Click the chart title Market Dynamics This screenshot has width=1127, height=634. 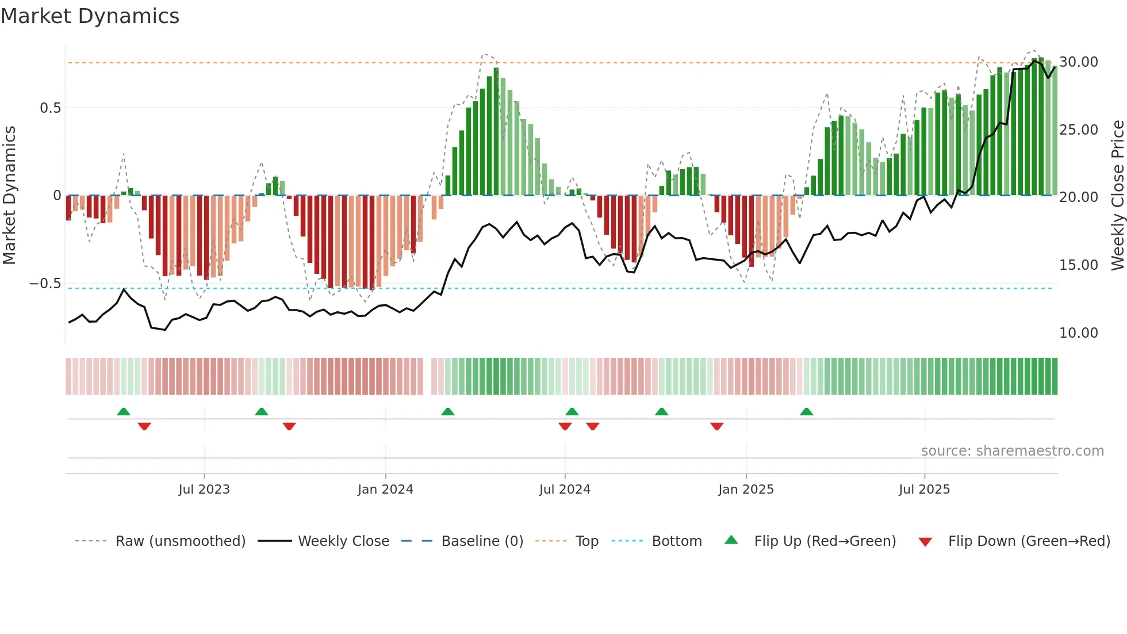tap(90, 16)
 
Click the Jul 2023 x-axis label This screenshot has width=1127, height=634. tap(204, 490)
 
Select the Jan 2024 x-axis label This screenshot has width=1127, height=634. tap(385, 490)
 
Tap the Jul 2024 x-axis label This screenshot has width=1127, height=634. tap(565, 490)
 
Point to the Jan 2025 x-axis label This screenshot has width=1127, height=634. tap(746, 490)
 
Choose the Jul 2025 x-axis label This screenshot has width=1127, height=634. tap(924, 490)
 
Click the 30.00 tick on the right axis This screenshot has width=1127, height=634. tap(1078, 62)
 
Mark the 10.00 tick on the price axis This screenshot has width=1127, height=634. tap(1078, 333)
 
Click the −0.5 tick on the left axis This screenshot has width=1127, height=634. tap(45, 284)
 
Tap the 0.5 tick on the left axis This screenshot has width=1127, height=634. tap(50, 108)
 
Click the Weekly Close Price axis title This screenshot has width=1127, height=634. tap(1117, 196)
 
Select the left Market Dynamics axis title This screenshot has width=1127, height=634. tap(9, 196)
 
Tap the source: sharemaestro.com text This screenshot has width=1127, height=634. tap(1012, 451)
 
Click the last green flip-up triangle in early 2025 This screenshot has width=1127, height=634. tap(806, 412)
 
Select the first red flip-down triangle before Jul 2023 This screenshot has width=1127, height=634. tap(144, 426)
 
